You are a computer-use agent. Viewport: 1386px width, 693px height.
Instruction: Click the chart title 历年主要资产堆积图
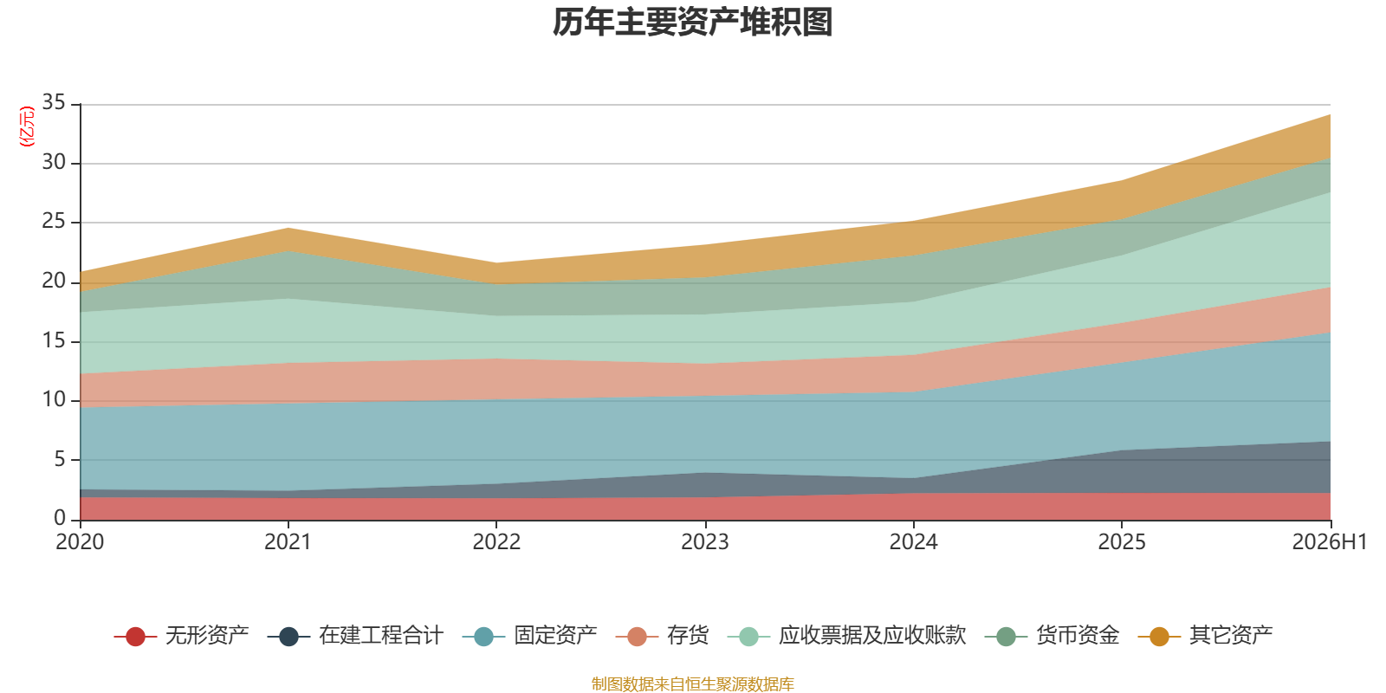pos(692,23)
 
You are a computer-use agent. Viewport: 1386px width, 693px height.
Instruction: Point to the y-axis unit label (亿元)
pos(27,126)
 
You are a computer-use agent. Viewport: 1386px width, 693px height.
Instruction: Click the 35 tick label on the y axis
pos(54,102)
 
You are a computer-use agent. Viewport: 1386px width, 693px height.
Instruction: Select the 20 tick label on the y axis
pos(54,281)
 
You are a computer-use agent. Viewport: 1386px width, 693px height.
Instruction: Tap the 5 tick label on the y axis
pos(60,459)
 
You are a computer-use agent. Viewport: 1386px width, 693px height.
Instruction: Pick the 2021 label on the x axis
pos(288,542)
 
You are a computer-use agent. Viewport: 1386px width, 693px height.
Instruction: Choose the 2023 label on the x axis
pos(705,542)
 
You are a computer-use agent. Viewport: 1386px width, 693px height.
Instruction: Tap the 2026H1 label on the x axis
pos(1330,542)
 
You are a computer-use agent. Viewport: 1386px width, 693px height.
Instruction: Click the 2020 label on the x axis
pos(80,542)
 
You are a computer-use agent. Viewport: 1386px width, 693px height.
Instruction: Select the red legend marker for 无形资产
pos(135,636)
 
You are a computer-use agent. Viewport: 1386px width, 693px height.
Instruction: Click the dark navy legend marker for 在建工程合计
pos(289,636)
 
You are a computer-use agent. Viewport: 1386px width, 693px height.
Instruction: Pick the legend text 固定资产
pos(555,636)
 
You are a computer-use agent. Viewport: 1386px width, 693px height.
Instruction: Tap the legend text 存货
pos(688,636)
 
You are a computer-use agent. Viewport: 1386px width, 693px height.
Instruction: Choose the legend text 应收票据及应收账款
pos(872,636)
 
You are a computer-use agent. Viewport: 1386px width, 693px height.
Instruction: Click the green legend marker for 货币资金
pos(1006,636)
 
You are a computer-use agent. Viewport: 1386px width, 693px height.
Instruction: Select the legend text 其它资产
pos(1231,636)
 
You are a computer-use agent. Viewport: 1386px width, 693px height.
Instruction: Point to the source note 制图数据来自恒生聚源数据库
pos(692,683)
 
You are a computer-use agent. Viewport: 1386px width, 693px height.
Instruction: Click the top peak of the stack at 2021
pos(288,229)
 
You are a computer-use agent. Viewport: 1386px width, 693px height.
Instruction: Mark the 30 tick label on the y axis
pos(54,162)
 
